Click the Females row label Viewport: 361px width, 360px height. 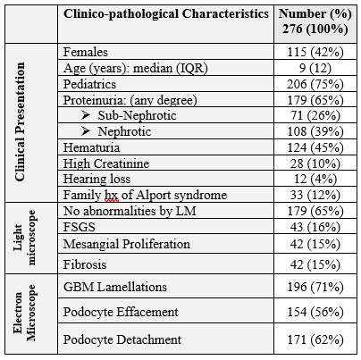point(86,52)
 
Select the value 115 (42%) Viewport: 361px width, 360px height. point(315,52)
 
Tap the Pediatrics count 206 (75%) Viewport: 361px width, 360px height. point(315,84)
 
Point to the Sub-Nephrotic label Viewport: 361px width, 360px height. point(137,115)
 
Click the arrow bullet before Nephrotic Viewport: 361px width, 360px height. point(86,131)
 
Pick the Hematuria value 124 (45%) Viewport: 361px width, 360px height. point(315,147)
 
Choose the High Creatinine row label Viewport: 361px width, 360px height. point(106,163)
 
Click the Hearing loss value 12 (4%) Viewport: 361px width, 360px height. point(315,179)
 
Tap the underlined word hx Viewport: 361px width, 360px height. point(112,196)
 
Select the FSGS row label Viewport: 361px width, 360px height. point(80,227)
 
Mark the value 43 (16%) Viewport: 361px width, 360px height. point(315,227)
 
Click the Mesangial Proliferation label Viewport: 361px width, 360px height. point(127,244)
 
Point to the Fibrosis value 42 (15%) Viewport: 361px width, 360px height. point(315,264)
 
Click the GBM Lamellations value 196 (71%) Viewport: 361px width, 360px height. point(315,287)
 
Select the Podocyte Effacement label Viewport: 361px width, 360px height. point(121,312)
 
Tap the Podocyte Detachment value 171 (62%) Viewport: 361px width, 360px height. point(315,339)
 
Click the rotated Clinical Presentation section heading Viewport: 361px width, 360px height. point(20,121)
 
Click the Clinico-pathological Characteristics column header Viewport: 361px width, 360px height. point(166,14)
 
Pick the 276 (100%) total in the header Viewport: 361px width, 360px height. point(315,29)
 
